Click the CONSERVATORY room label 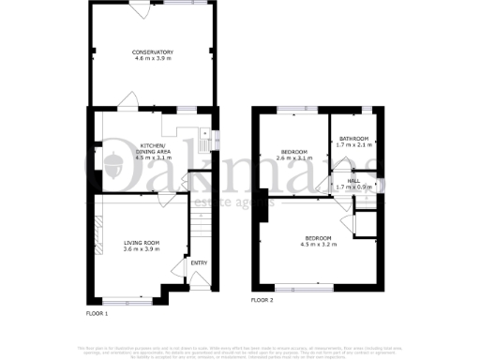tap(152, 52)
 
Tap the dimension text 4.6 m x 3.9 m tap(152, 58)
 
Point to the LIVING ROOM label tap(142, 245)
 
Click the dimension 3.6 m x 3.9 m tap(142, 251)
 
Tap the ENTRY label tap(199, 262)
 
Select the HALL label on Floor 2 tap(353, 181)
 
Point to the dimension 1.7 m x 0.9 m tap(353, 187)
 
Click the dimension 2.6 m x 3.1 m tap(296, 158)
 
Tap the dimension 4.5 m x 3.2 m tap(318, 245)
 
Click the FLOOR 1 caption tap(97, 312)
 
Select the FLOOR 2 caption tap(262, 301)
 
